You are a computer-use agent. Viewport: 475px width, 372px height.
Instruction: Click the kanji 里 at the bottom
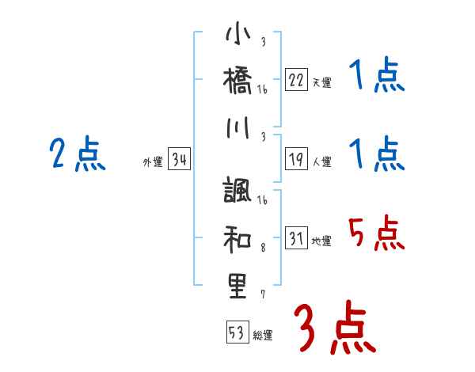pos(238,286)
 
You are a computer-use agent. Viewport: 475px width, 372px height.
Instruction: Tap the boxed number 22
pos(296,79)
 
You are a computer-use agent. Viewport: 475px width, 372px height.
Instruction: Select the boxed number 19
pos(296,158)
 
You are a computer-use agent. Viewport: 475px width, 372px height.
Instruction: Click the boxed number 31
pos(296,237)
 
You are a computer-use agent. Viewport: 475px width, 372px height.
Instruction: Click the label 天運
pos(321,82)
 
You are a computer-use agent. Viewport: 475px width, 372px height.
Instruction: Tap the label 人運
pos(321,161)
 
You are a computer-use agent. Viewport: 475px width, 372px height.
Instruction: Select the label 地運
pos(321,241)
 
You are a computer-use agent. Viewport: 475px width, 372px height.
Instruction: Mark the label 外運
pos(153,162)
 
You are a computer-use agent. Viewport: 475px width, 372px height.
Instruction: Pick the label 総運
pos(263,335)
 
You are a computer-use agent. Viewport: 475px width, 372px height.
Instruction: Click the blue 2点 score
pos(78,154)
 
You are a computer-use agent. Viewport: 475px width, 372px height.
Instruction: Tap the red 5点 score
pos(375,234)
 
